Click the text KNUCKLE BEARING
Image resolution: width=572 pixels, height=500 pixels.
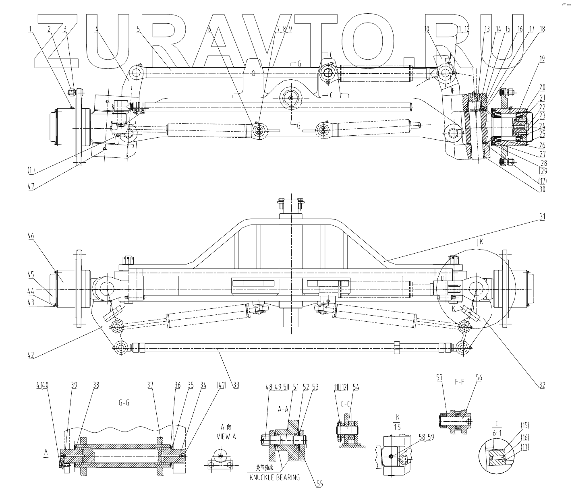[x=275, y=477]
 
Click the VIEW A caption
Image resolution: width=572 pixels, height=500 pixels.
[x=226, y=436]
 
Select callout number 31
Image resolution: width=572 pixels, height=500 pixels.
[x=543, y=217]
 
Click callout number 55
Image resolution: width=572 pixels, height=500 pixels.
[x=319, y=484]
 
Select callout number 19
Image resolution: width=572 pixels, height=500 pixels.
[x=542, y=59]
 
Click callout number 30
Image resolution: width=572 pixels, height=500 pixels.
[x=542, y=190]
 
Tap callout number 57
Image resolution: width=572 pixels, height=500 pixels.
[x=439, y=378]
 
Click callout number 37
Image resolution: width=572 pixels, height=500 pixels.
[x=150, y=385]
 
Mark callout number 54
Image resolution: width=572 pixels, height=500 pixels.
[x=355, y=387]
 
